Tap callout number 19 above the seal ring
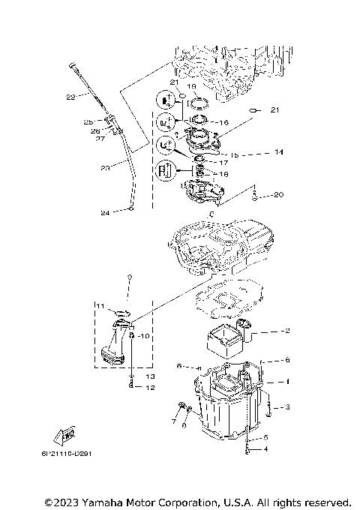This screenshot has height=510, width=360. point(191,86)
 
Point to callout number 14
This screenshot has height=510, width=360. point(279,151)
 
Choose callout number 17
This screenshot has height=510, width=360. point(223,163)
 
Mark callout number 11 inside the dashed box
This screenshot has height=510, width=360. point(100,306)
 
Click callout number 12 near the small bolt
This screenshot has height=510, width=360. point(150,388)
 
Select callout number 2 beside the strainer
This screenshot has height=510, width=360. point(286,330)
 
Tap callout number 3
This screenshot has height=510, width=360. point(286,407)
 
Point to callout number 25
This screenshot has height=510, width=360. point(88,121)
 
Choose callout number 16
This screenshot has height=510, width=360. point(223,122)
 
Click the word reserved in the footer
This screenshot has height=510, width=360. point(324,501)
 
